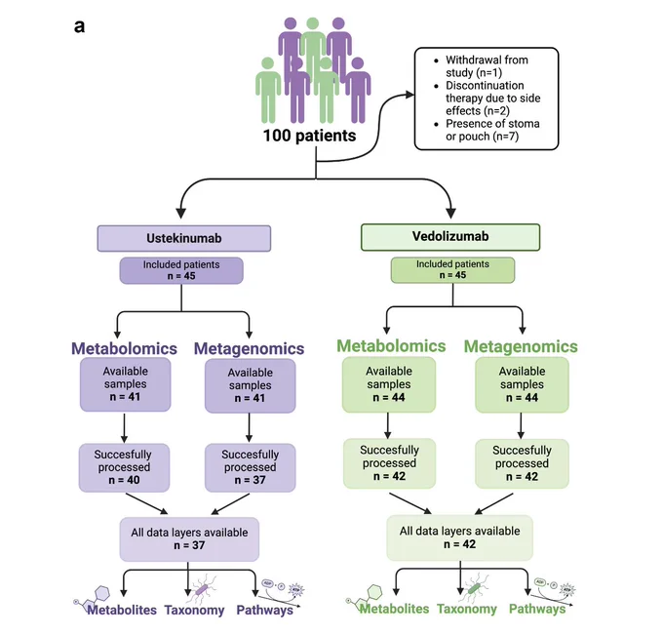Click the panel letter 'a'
[80, 26]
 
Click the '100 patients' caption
[309, 136]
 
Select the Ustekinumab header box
[184, 238]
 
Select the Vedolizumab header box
[450, 237]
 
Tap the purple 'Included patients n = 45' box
[181, 270]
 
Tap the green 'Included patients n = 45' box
[452, 270]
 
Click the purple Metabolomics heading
[124, 348]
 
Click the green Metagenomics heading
[521, 347]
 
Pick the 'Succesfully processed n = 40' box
[125, 467]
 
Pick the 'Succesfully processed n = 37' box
[251, 467]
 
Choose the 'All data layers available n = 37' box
[189, 539]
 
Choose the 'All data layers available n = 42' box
[459, 537]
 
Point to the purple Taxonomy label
[194, 610]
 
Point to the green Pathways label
[537, 609]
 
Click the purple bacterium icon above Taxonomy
[203, 588]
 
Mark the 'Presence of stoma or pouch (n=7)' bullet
[487, 130]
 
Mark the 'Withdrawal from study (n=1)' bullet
[482, 66]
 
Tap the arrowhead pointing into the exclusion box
[409, 95]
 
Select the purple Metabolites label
[122, 610]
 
